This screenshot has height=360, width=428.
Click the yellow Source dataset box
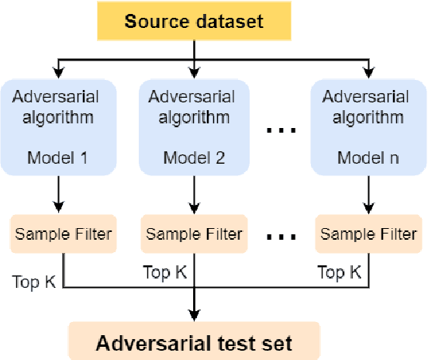click(195, 21)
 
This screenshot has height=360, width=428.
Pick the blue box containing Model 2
click(195, 127)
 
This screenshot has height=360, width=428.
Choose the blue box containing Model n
click(368, 127)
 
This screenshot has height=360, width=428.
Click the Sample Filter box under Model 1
click(62, 234)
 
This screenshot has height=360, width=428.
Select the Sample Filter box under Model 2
click(195, 234)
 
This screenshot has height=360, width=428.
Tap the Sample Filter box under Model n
click(368, 234)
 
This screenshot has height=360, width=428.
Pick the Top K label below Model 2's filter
click(164, 272)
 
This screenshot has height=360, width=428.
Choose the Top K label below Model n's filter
click(340, 272)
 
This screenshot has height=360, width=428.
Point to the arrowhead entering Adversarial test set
click(195, 315)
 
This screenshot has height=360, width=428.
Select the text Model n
click(368, 158)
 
